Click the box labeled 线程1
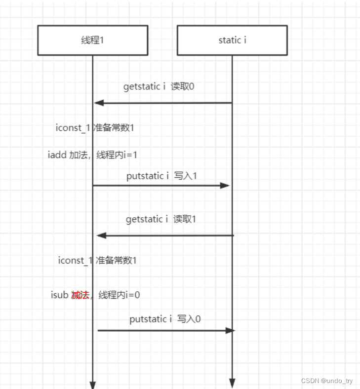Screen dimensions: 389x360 click(92, 40)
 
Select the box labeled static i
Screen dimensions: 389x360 click(232, 40)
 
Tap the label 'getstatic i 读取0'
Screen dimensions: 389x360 click(159, 86)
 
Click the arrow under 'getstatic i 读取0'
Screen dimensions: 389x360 click(163, 103)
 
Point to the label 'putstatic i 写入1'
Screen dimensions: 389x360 click(162, 176)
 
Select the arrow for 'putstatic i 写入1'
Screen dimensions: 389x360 click(161, 186)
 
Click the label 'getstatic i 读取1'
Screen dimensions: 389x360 click(161, 219)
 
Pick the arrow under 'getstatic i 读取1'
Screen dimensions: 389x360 click(165, 235)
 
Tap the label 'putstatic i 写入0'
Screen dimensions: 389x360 click(165, 319)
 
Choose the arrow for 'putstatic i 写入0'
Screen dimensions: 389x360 click(165, 330)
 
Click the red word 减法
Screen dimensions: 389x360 click(80, 295)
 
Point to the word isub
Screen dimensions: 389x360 click(59, 295)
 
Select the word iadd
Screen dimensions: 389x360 click(57, 155)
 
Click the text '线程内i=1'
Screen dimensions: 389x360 click(117, 155)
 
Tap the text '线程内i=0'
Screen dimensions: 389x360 click(119, 295)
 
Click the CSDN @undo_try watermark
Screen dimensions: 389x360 click(326, 381)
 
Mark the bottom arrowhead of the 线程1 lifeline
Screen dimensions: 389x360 click(92, 384)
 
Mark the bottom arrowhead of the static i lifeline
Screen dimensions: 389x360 click(232, 383)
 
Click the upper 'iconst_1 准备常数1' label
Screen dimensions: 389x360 click(95, 128)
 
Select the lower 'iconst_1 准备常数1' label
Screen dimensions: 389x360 click(97, 261)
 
